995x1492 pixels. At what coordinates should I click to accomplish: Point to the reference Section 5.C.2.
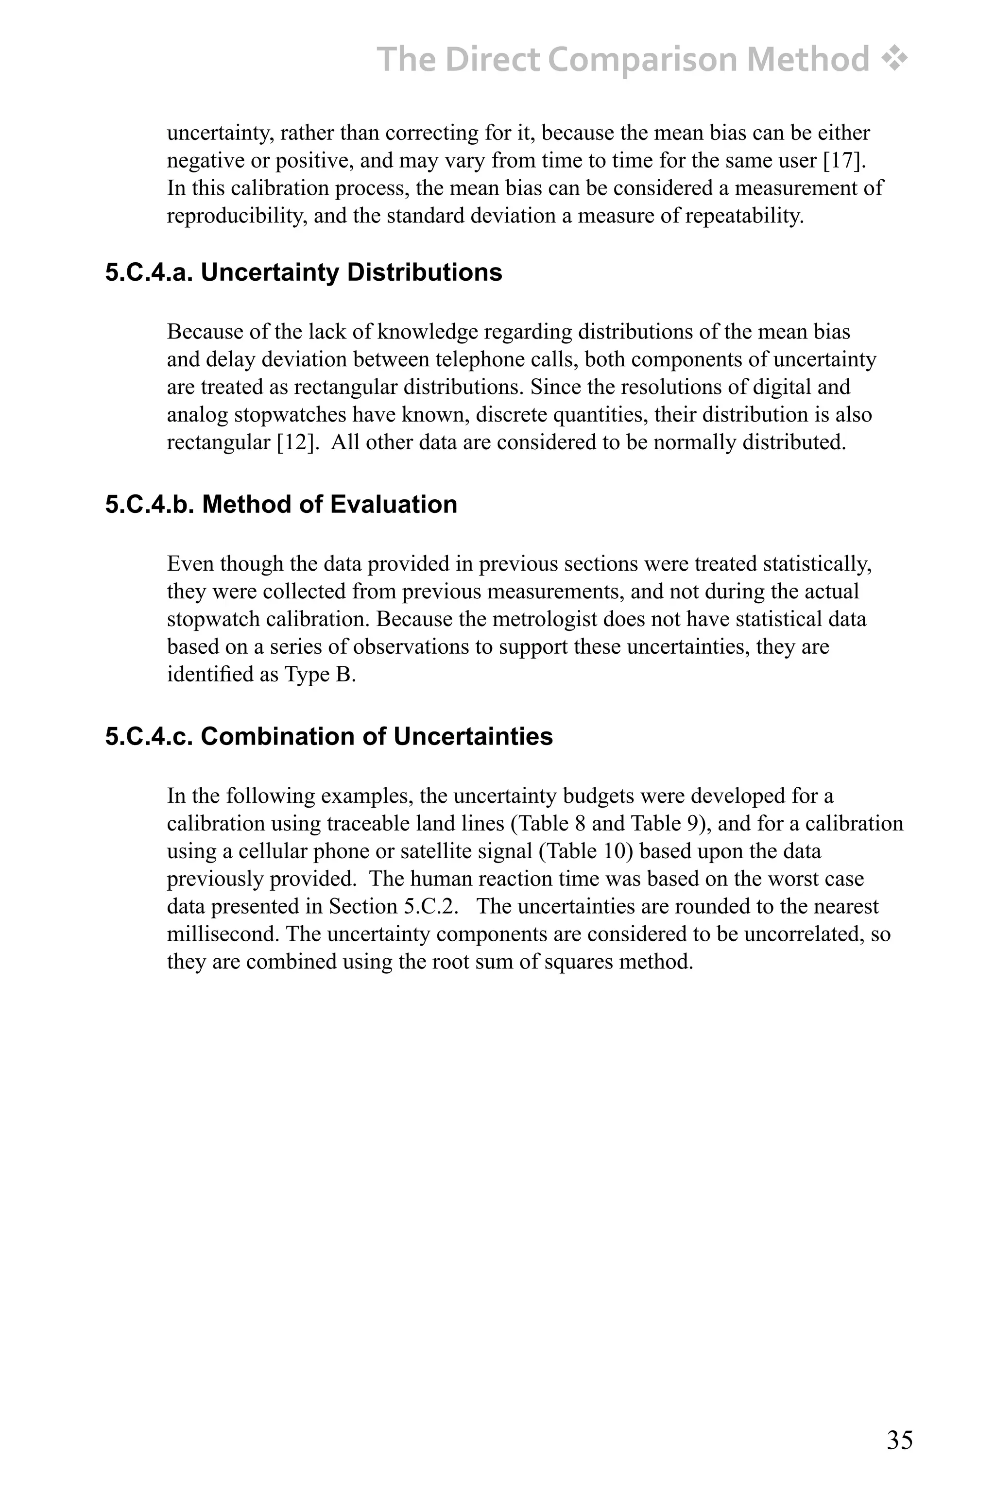pyautogui.click(x=393, y=906)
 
